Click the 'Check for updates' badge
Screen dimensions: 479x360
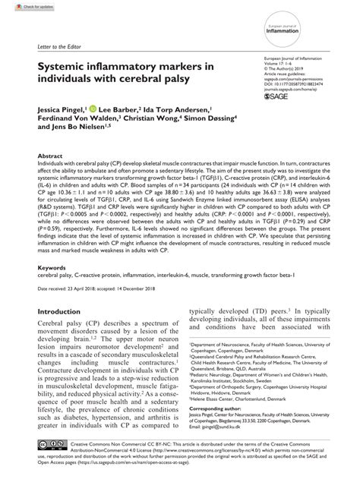coord(21,6)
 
